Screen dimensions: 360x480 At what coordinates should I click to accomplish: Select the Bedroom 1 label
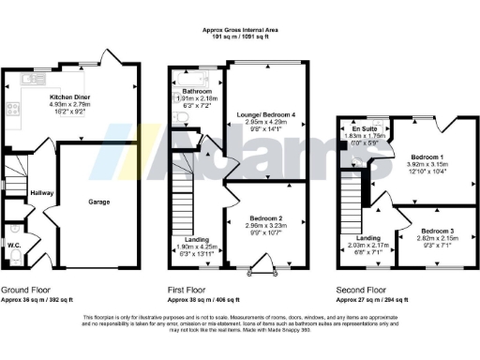tap(432, 157)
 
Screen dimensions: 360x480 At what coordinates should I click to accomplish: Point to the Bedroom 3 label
tap(439, 231)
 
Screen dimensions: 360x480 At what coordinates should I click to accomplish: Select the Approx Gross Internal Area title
tap(240, 31)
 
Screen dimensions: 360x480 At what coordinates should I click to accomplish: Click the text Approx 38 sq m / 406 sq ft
tap(204, 298)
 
